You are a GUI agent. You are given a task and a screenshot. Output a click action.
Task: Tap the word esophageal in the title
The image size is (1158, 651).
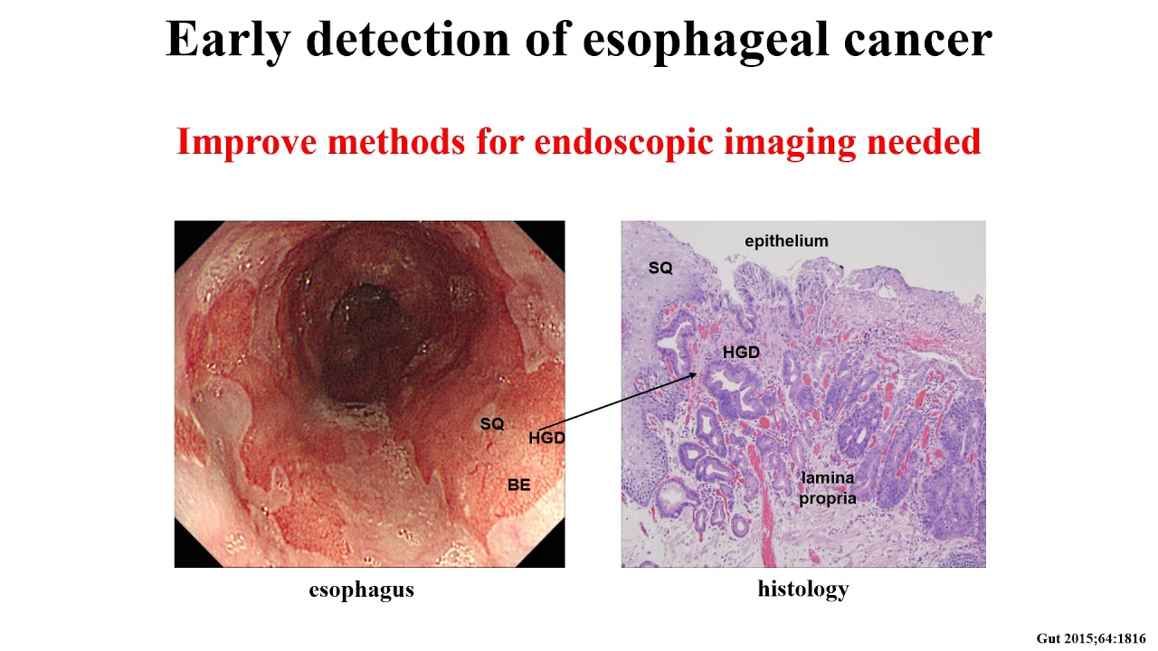702,40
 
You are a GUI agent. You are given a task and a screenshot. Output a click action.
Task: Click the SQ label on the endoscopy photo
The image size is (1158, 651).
492,424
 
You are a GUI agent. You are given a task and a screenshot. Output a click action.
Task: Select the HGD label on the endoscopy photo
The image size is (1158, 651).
546,439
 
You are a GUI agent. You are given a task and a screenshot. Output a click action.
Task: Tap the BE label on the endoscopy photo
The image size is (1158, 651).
518,486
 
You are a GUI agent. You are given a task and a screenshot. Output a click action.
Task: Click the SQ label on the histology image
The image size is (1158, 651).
660,269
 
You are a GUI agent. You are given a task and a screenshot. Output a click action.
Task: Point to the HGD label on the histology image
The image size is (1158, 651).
741,353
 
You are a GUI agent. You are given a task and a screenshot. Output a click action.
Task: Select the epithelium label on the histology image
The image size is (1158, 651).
786,241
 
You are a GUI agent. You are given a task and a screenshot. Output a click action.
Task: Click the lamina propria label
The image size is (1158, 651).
827,487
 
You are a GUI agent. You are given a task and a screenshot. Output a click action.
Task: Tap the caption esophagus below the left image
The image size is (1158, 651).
361,590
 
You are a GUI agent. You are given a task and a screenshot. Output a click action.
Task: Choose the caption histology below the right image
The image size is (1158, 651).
803,590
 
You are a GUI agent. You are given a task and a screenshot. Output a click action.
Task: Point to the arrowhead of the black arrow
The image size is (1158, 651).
695,374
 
